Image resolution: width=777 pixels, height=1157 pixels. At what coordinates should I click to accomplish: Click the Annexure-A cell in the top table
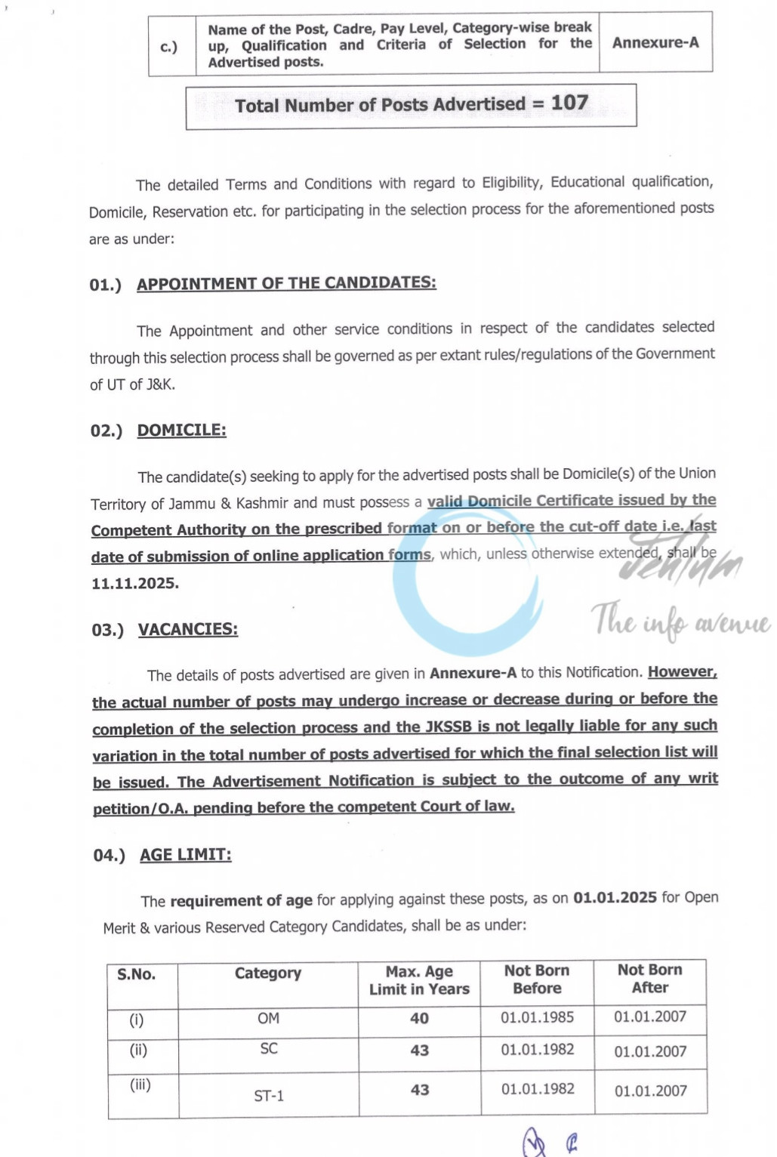click(x=655, y=43)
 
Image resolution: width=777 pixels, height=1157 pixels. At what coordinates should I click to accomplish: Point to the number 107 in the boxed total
click(x=569, y=103)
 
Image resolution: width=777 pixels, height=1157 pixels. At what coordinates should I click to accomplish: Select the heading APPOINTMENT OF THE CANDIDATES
click(x=286, y=283)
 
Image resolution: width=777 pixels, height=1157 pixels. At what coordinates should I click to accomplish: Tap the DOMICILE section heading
click(x=181, y=430)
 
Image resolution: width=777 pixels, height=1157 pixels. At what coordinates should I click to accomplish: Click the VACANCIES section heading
click(x=187, y=630)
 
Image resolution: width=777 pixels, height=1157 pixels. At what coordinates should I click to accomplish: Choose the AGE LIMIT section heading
click(x=185, y=855)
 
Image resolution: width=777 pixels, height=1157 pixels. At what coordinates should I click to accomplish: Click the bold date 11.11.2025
click(x=135, y=584)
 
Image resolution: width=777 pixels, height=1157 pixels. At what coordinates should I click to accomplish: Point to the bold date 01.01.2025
click(x=615, y=897)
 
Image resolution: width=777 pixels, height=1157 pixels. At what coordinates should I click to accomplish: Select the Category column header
click(x=268, y=973)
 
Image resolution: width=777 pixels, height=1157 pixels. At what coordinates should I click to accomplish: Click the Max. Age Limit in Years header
click(x=419, y=980)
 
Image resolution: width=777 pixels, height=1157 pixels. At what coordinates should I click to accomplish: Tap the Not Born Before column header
click(x=537, y=979)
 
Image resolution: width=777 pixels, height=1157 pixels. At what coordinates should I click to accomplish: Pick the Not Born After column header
click(x=649, y=978)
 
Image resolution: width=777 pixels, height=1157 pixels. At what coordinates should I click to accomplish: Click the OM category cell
click(x=268, y=1019)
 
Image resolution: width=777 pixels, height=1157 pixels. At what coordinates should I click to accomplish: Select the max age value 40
click(x=419, y=1019)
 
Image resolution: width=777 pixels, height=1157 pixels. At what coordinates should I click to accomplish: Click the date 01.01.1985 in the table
click(x=537, y=1017)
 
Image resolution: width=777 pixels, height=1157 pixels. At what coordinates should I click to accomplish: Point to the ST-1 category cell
click(x=269, y=1096)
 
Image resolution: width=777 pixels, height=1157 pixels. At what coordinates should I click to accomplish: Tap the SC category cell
click(x=269, y=1049)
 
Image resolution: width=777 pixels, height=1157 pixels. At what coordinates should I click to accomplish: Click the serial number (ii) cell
click(x=138, y=1050)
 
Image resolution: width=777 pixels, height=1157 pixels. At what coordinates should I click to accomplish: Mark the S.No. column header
click(x=137, y=974)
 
